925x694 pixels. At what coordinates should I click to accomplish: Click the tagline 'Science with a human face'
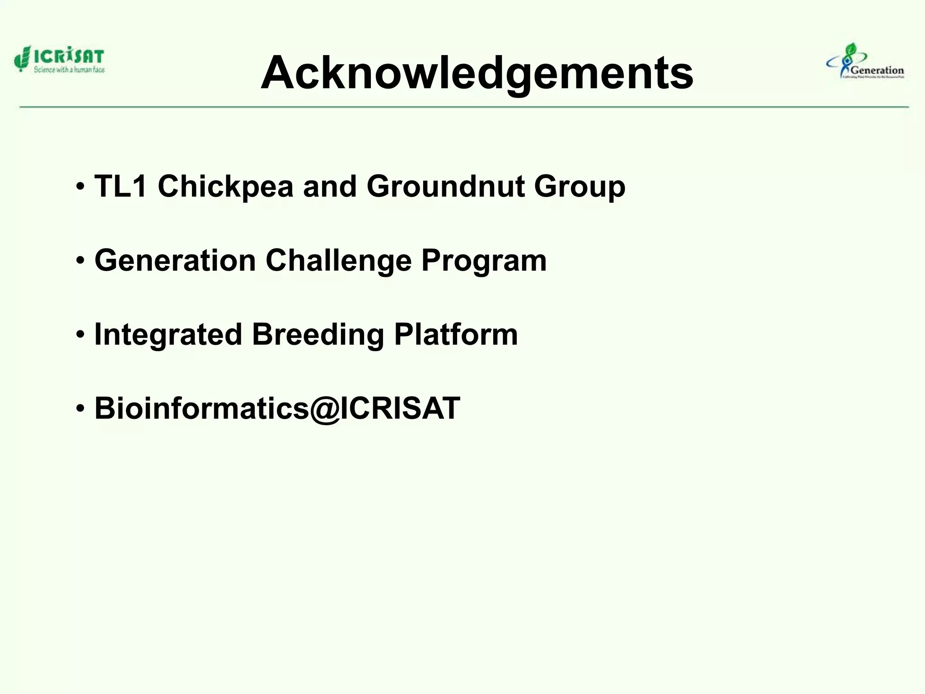(x=69, y=70)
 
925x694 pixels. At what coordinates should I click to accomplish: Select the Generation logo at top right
(x=865, y=62)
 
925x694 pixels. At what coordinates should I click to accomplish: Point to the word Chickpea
(x=225, y=186)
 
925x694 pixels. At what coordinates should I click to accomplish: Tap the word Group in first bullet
(x=579, y=186)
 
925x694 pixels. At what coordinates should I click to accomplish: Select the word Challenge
(x=338, y=261)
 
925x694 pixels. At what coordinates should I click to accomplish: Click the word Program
(x=484, y=261)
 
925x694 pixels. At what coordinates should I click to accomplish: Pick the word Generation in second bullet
(x=175, y=261)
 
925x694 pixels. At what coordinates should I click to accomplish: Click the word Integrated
(x=168, y=335)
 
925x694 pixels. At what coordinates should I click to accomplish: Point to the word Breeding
(x=318, y=335)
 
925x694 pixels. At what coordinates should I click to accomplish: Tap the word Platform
(x=456, y=335)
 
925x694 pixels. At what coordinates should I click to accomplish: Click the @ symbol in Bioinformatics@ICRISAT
(x=324, y=409)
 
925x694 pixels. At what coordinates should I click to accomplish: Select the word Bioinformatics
(x=201, y=408)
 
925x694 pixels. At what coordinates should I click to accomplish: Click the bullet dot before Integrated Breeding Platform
(x=80, y=335)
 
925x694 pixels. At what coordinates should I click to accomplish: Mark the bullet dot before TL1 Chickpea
(x=80, y=187)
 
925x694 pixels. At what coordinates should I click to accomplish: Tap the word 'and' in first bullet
(x=330, y=186)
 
